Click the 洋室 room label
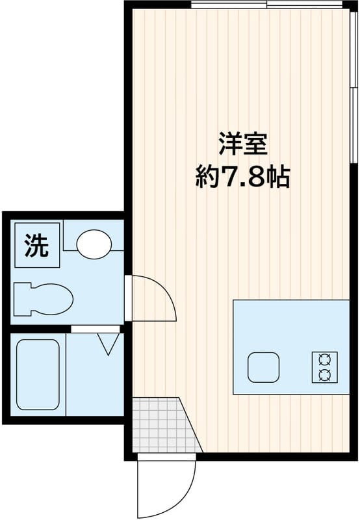[x=242, y=144]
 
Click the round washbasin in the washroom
[x=94, y=244]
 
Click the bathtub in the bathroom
[x=38, y=374]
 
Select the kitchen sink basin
[x=264, y=367]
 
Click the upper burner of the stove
[x=325, y=359]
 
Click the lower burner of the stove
[x=325, y=375]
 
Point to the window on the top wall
[x=267, y=5]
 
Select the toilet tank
[x=23, y=299]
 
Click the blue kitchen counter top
[x=291, y=347]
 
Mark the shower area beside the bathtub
[x=95, y=374]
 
